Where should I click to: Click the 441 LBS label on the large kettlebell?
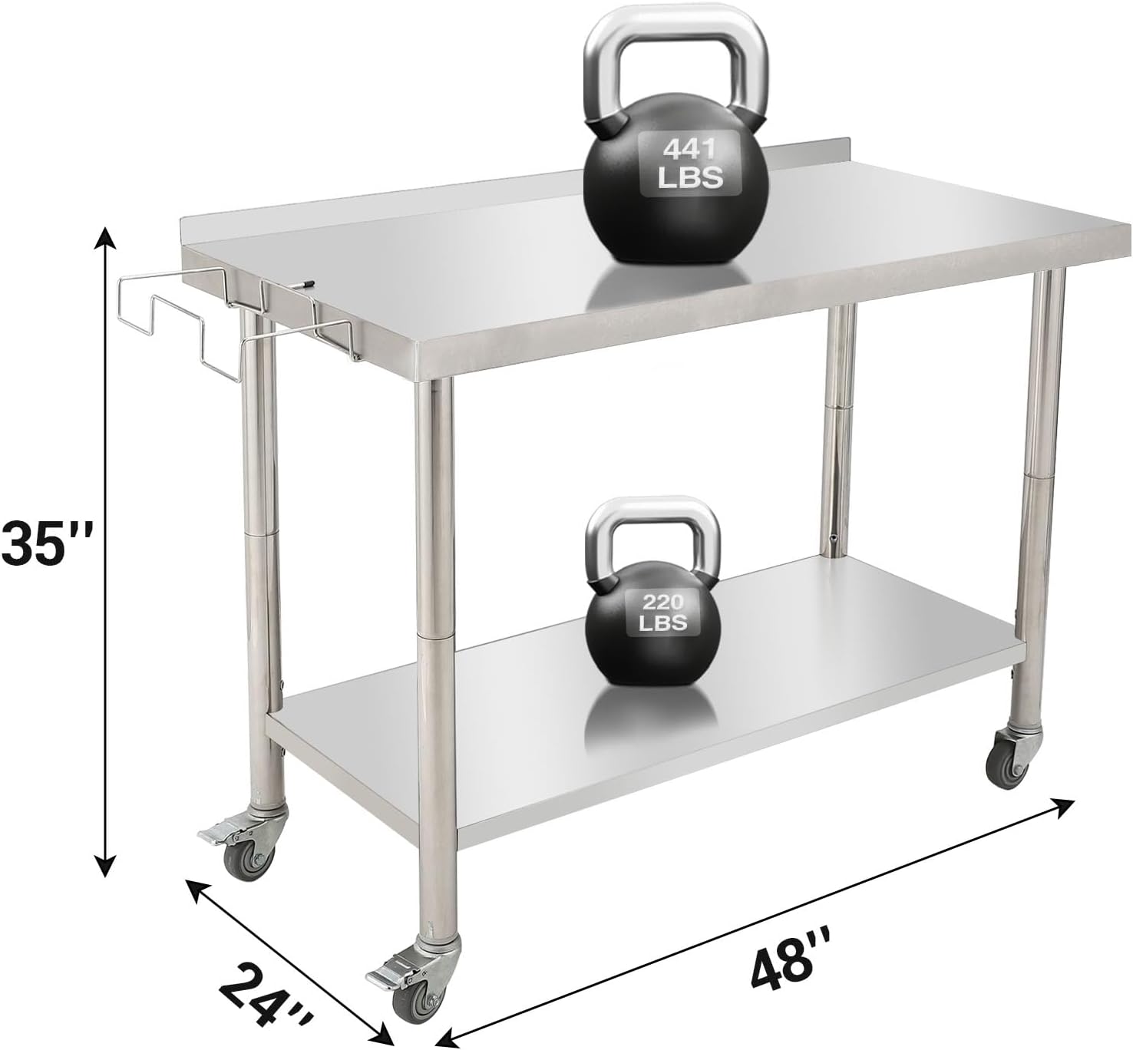[691, 163]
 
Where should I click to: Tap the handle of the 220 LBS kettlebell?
[652, 530]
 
